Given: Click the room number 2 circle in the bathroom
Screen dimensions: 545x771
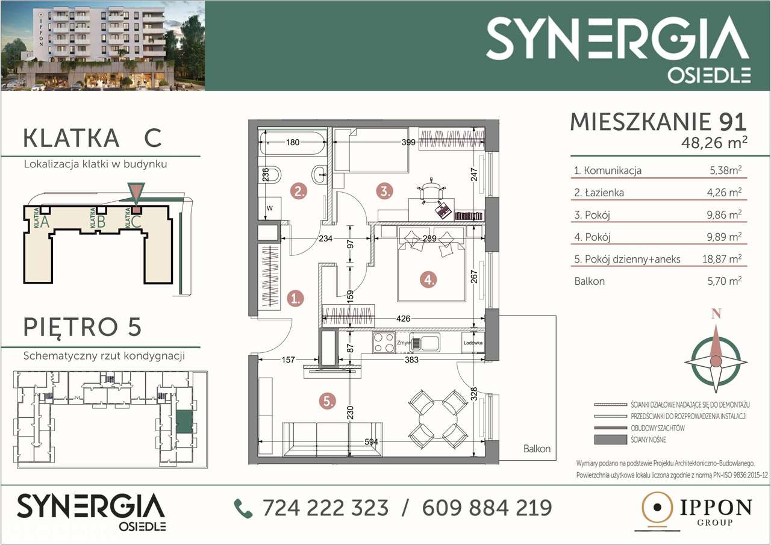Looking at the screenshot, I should tap(299, 192).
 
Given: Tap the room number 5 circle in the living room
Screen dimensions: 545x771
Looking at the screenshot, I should tap(328, 401).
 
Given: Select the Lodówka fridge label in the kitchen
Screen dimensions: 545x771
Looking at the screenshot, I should tap(473, 343).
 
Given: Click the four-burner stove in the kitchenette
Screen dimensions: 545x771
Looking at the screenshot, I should tap(384, 343).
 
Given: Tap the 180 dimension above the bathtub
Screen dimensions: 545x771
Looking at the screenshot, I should tap(292, 143).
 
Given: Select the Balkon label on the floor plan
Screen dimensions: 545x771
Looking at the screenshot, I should tap(536, 449).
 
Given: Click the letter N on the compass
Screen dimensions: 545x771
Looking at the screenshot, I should tap(716, 314).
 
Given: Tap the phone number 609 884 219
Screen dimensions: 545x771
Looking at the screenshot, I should tap(487, 508).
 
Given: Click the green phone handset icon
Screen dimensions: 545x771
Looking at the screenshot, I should tap(243, 508).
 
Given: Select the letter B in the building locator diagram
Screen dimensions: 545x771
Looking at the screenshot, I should tap(101, 222).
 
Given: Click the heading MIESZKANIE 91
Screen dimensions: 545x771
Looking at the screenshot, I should tap(658, 122).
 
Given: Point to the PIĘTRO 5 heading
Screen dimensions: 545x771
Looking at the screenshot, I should tap(82, 327).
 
